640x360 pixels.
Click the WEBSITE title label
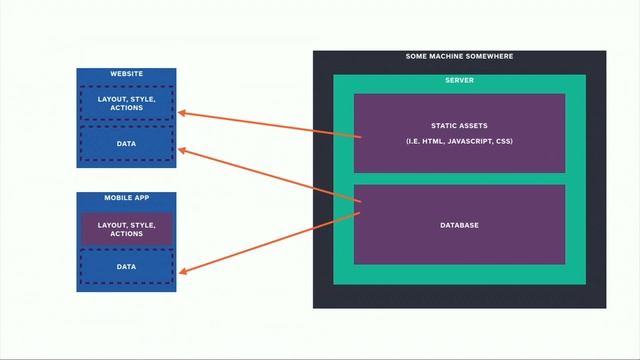pos(126,74)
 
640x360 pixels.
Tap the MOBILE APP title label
pos(126,198)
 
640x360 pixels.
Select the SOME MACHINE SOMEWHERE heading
pos(459,57)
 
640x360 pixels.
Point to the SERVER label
pos(459,80)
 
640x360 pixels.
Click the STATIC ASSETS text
pos(459,126)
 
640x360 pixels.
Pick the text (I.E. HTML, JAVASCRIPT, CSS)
pos(459,142)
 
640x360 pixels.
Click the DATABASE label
pos(459,225)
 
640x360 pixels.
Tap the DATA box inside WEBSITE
pos(126,144)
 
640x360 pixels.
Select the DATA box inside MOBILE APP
pos(126,267)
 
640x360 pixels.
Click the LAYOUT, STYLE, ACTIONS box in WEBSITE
pos(126,103)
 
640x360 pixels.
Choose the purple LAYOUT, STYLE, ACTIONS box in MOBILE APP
pos(126,229)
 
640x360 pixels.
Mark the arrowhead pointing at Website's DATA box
pos(183,151)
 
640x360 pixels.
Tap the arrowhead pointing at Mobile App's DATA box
pos(184,270)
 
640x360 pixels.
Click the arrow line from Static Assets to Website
pos(270,124)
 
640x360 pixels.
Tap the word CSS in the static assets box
pos(504,142)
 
